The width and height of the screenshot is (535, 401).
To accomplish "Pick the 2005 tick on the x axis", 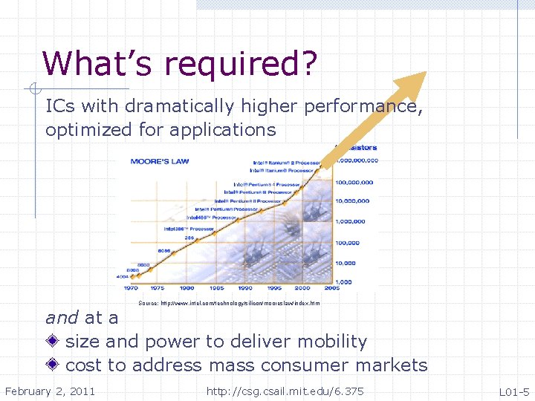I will click(331, 287).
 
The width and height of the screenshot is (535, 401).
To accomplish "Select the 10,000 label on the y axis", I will click(346, 263).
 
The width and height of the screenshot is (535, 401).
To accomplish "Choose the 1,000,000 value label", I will click(351, 221).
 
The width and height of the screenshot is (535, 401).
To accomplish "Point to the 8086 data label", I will click(164, 251).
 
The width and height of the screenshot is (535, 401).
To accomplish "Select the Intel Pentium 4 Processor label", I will click(268, 184).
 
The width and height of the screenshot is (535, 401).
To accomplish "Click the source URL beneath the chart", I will click(229, 303).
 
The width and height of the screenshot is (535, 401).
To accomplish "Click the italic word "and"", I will click(62, 318).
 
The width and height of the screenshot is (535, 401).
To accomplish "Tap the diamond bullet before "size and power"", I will click(53, 342).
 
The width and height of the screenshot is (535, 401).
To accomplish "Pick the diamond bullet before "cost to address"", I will click(53, 365).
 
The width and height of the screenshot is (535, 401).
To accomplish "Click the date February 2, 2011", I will click(50, 391).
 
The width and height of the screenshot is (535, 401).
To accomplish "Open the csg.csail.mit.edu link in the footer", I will click(285, 391).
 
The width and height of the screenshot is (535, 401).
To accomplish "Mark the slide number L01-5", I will click(513, 391).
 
